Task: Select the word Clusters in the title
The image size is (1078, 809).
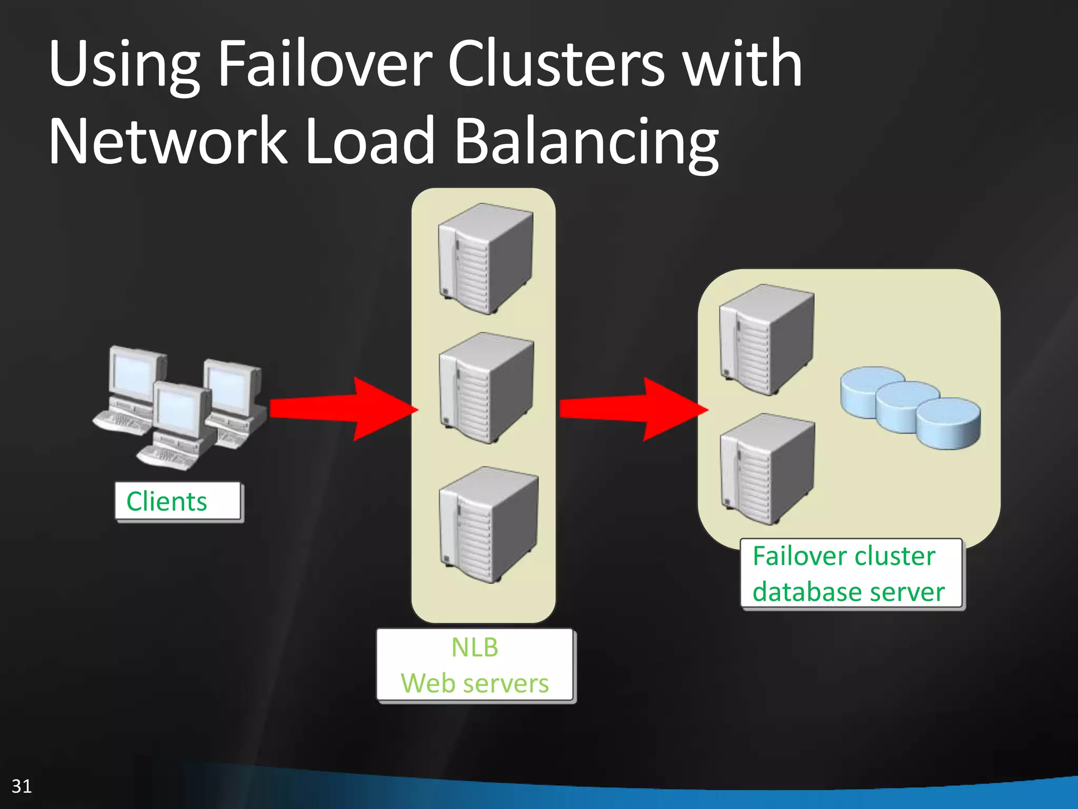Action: point(556,64)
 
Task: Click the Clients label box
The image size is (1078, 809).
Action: point(178,501)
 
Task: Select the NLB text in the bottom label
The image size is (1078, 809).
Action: point(474,647)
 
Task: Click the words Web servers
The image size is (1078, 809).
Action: point(474,683)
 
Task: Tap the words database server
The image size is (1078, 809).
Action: point(848,591)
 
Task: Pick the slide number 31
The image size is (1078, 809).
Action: point(22,786)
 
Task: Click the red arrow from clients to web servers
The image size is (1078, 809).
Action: point(342,409)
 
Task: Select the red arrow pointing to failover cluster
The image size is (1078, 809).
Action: point(632,409)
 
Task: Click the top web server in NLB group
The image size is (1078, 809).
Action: point(485,258)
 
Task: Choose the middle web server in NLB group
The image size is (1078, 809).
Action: point(485,388)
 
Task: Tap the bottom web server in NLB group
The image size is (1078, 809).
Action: point(487,524)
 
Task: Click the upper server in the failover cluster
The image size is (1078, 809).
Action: point(766,339)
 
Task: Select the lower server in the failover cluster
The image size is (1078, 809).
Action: point(766,469)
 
